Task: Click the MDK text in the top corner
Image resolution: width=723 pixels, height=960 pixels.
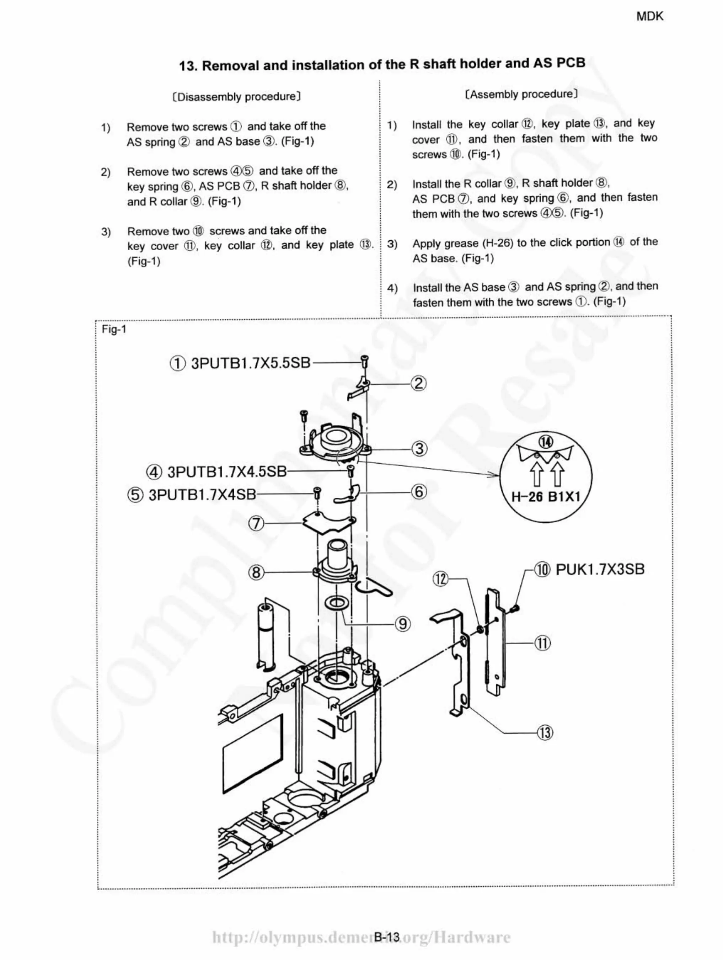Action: click(x=649, y=16)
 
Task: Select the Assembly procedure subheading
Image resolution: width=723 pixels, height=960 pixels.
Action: click(x=521, y=94)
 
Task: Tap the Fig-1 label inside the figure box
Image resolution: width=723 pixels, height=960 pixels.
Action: click(x=114, y=329)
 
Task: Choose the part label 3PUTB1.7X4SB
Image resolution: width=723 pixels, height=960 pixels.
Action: click(x=202, y=494)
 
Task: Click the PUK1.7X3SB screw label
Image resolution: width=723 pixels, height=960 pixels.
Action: click(x=600, y=569)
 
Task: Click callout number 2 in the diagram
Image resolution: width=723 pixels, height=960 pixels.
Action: click(x=419, y=384)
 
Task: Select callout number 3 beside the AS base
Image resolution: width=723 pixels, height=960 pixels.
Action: click(x=419, y=448)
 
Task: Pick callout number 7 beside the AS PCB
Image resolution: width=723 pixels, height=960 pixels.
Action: click(x=256, y=523)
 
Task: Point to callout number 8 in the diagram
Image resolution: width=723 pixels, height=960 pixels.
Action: click(x=256, y=572)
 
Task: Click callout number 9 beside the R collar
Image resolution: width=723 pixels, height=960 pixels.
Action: click(x=403, y=624)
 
